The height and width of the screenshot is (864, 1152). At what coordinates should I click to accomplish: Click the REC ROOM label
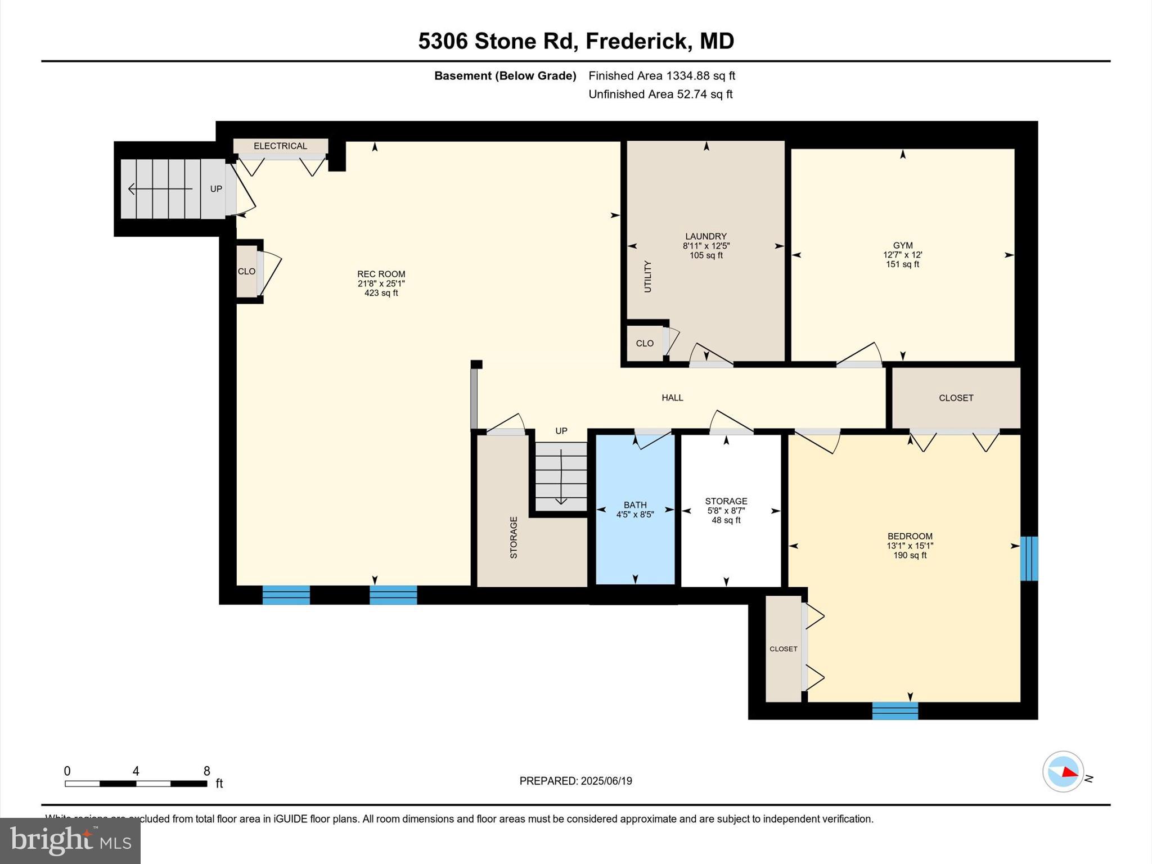pyautogui.click(x=381, y=274)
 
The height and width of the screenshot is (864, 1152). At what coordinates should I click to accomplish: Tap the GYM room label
pyautogui.click(x=902, y=245)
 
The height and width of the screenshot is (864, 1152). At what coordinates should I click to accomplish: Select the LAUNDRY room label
pyautogui.click(x=705, y=236)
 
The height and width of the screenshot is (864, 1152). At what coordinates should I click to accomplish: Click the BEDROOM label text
pyautogui.click(x=910, y=536)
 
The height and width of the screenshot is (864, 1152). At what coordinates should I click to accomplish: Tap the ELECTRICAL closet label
pyautogui.click(x=280, y=146)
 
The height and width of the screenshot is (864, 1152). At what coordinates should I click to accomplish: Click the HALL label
pyautogui.click(x=672, y=398)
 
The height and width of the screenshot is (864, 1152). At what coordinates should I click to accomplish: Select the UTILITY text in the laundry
pyautogui.click(x=647, y=276)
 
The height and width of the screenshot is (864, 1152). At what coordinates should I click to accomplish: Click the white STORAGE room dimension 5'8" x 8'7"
pyautogui.click(x=726, y=511)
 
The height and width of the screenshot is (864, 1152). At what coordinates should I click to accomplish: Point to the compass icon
pyautogui.click(x=1063, y=772)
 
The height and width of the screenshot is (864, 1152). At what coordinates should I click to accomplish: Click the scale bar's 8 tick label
pyautogui.click(x=206, y=771)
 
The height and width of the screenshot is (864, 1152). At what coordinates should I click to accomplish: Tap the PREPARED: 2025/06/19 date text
pyautogui.click(x=575, y=781)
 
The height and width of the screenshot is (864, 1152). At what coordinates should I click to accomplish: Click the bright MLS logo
pyautogui.click(x=70, y=840)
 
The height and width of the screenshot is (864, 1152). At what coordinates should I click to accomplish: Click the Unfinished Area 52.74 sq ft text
pyautogui.click(x=660, y=94)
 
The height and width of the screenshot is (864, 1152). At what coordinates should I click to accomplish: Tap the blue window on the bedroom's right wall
pyautogui.click(x=1028, y=558)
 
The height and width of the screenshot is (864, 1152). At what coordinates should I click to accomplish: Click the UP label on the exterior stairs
pyautogui.click(x=216, y=189)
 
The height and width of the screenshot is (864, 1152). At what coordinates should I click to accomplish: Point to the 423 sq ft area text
pyautogui.click(x=381, y=293)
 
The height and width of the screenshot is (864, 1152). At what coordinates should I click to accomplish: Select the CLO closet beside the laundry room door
pyautogui.click(x=645, y=343)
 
